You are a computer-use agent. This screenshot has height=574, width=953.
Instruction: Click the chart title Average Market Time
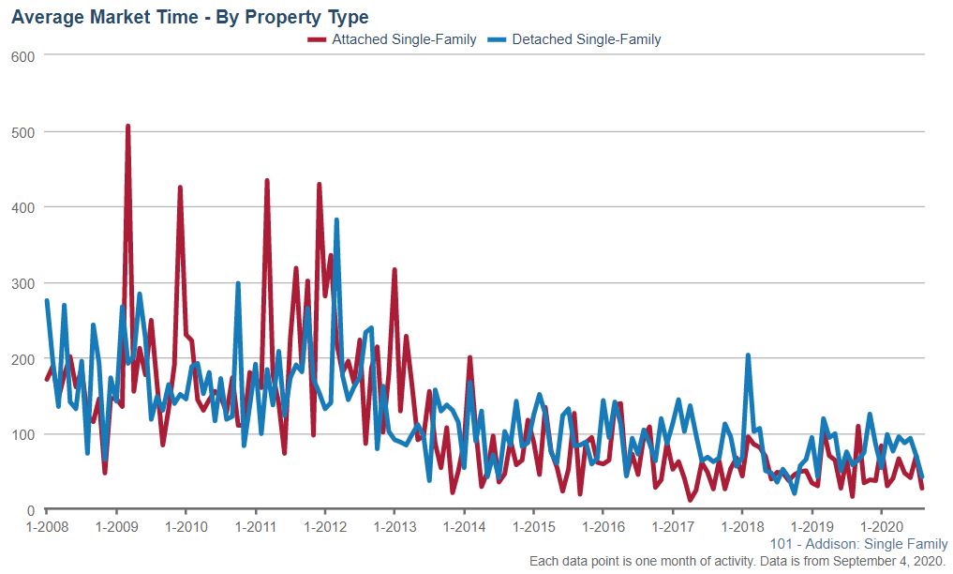coord(190,17)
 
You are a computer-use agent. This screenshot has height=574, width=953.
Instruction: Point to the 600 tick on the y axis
coord(22,56)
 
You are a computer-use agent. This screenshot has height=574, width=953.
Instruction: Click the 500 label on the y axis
coord(22,132)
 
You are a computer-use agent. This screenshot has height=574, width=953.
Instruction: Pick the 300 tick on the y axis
coord(22,283)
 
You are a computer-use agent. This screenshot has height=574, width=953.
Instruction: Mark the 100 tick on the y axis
coord(22,434)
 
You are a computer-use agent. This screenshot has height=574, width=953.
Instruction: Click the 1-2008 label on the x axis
coord(46,526)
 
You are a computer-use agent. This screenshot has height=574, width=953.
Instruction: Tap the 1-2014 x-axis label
coord(464,526)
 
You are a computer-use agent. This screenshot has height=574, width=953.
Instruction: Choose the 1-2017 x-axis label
coord(673,526)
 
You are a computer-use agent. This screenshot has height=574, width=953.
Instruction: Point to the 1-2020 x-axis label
coord(882,526)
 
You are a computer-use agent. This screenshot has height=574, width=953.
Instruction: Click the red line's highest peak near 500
coord(127,126)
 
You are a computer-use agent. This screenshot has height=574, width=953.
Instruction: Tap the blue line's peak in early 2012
coord(336,220)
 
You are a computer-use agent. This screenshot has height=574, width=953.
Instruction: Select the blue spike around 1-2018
coord(748,355)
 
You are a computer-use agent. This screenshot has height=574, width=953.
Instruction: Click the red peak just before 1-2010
coord(180,188)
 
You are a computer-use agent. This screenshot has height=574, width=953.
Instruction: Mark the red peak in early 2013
coord(395,270)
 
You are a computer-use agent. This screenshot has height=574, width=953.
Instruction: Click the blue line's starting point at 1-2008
coord(47,301)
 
